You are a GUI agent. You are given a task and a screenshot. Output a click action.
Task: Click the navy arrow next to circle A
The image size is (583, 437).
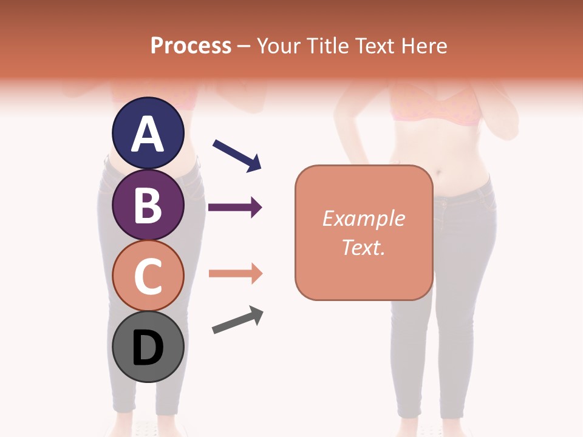[x=237, y=155]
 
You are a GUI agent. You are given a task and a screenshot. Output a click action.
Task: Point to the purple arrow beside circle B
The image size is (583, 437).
[x=235, y=208]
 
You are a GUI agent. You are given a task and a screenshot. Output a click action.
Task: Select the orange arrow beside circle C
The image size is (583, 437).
[x=235, y=274]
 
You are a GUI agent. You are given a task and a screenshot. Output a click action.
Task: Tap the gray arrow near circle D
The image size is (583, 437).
[x=237, y=320]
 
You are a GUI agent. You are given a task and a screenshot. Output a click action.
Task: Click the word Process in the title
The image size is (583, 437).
[x=191, y=46]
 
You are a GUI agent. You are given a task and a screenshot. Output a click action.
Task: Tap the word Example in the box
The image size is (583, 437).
[x=363, y=218]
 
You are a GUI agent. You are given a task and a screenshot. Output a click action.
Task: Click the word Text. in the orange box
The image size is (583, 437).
[x=363, y=247]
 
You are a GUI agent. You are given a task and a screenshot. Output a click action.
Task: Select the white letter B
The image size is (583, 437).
[x=148, y=205]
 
